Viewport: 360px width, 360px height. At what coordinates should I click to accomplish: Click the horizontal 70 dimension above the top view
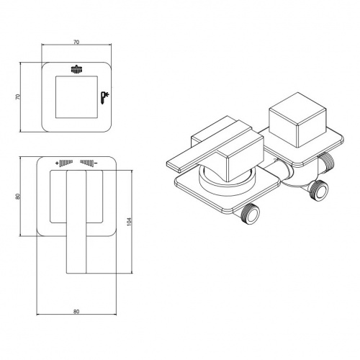(x=76, y=42)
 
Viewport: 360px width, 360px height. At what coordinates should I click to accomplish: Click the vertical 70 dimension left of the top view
(x=17, y=96)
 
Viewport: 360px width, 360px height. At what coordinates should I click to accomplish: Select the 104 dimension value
(x=129, y=222)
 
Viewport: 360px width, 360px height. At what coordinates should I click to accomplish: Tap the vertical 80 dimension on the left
(x=17, y=197)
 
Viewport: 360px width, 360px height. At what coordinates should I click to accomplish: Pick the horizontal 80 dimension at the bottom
(x=76, y=312)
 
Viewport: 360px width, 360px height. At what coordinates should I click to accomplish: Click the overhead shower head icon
(x=76, y=69)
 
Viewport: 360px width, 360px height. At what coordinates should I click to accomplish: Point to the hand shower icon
(x=104, y=98)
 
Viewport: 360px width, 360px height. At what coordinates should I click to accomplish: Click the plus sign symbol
(x=57, y=163)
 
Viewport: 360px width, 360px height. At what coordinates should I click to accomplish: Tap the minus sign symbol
(x=96, y=163)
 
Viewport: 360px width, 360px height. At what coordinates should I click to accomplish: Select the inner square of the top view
(x=76, y=97)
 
